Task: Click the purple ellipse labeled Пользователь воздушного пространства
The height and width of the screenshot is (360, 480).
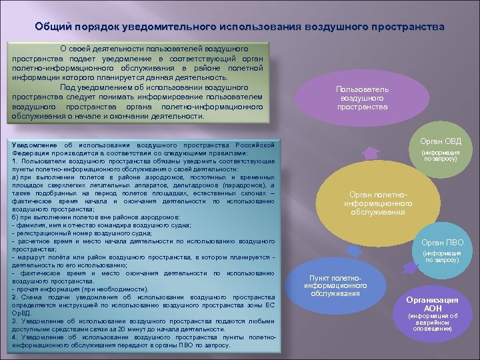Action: click(362, 98)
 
